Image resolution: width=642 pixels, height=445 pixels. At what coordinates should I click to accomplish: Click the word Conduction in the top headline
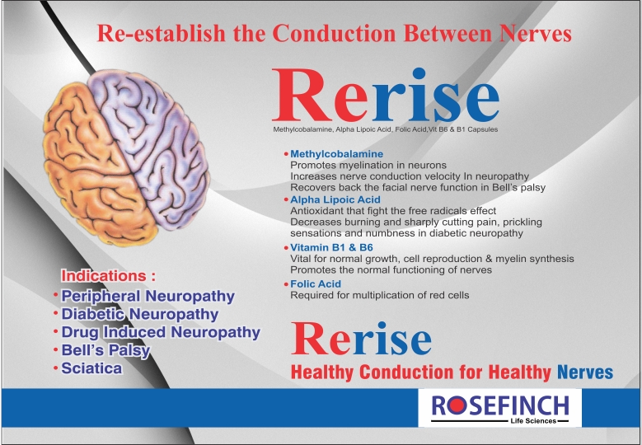tap(334, 33)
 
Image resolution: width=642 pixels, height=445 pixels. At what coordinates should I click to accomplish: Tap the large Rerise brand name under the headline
tap(386, 95)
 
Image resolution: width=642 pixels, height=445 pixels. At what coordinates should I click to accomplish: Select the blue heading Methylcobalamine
tap(336, 154)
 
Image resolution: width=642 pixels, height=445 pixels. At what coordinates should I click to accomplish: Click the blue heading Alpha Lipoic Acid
tap(335, 199)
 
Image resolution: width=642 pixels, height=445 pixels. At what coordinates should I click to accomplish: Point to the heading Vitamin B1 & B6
tap(331, 247)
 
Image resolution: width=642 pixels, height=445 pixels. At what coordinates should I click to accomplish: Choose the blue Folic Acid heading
tap(316, 283)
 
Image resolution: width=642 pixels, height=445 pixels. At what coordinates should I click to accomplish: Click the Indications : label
tap(109, 275)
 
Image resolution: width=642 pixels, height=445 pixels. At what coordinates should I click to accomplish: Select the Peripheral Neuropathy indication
tap(148, 296)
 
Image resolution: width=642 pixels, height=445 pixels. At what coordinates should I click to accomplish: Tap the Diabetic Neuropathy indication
tap(139, 314)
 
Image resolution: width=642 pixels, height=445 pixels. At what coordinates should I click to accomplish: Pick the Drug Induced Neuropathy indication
tap(161, 332)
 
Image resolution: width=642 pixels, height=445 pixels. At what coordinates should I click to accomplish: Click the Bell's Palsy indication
tap(105, 350)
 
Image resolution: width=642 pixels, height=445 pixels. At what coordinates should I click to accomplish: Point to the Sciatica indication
tap(91, 368)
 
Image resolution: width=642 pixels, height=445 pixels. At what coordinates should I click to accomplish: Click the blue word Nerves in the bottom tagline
tap(585, 372)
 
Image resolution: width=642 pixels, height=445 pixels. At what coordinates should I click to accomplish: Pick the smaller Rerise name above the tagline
tap(361, 339)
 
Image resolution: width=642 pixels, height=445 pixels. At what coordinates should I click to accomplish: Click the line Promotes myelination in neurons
tap(368, 166)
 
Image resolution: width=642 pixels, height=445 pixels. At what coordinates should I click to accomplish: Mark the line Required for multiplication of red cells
tap(380, 295)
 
